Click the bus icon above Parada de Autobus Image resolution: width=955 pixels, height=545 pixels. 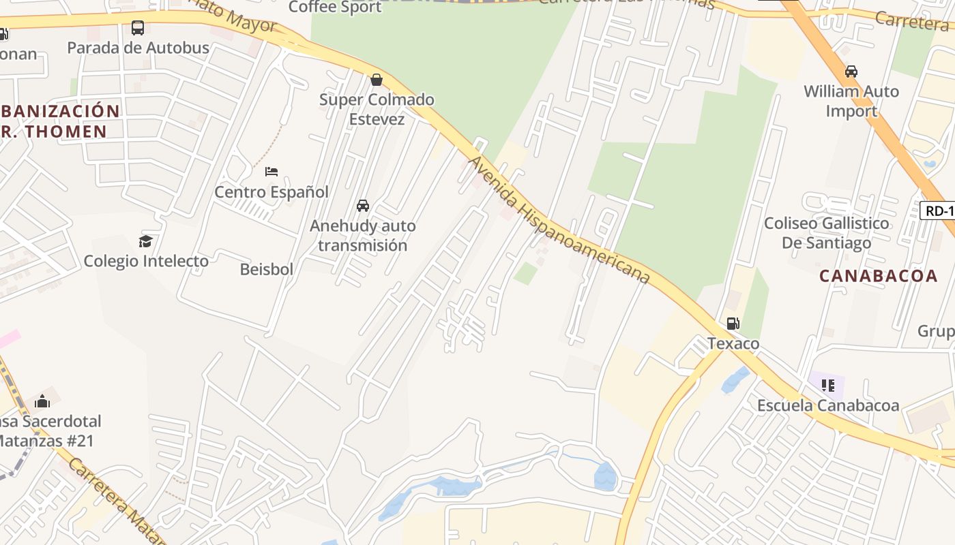pos(138,28)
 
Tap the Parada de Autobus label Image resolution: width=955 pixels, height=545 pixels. pos(138,48)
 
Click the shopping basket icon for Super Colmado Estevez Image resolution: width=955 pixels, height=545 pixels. pos(376,80)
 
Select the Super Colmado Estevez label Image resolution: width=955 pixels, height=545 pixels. pos(377,109)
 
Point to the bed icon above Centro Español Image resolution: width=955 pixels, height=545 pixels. pos(271,171)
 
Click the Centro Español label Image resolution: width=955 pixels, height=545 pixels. pos(271,192)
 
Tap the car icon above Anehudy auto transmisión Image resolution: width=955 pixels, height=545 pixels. pos(363,205)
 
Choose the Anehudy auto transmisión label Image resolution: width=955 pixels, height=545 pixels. pos(363,235)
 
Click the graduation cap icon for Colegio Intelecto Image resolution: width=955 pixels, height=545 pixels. pos(145,240)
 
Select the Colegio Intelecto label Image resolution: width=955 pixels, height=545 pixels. pos(146,261)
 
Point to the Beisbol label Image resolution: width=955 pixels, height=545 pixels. pos(267,270)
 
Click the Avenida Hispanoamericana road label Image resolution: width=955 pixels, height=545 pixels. pos(559,219)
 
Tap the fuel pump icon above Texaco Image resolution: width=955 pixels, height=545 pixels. pos(733,323)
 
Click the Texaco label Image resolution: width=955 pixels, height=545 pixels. pos(733,343)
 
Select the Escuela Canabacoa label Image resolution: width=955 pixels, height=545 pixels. pos(828,406)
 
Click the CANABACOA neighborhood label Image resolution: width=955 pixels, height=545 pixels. pos(869,276)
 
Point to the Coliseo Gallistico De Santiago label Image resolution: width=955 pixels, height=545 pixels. pos(827,233)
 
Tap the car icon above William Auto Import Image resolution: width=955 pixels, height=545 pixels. pos(851,71)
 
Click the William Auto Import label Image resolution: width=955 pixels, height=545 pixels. pos(851,101)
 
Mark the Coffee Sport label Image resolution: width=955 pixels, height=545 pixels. pos(335,7)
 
